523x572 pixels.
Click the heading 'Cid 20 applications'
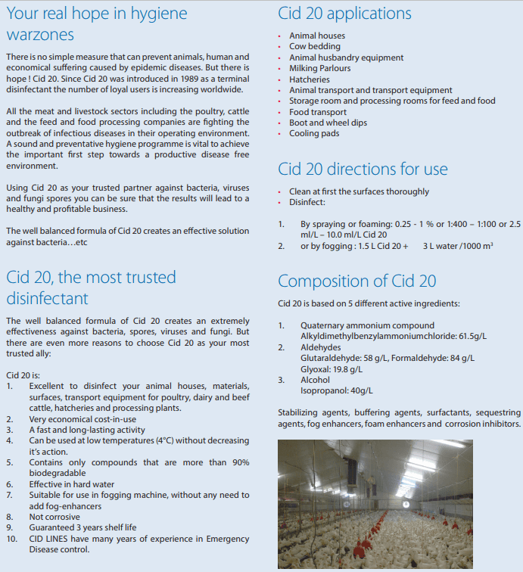click(x=344, y=14)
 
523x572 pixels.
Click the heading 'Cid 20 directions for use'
click(x=363, y=169)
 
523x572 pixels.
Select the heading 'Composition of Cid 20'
click(x=356, y=281)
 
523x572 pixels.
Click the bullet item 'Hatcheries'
click(x=310, y=79)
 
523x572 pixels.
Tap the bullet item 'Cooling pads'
click(x=314, y=134)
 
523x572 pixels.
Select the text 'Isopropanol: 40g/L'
click(x=337, y=390)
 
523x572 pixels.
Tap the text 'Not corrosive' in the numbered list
click(x=55, y=517)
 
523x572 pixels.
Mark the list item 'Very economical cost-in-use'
click(x=82, y=418)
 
